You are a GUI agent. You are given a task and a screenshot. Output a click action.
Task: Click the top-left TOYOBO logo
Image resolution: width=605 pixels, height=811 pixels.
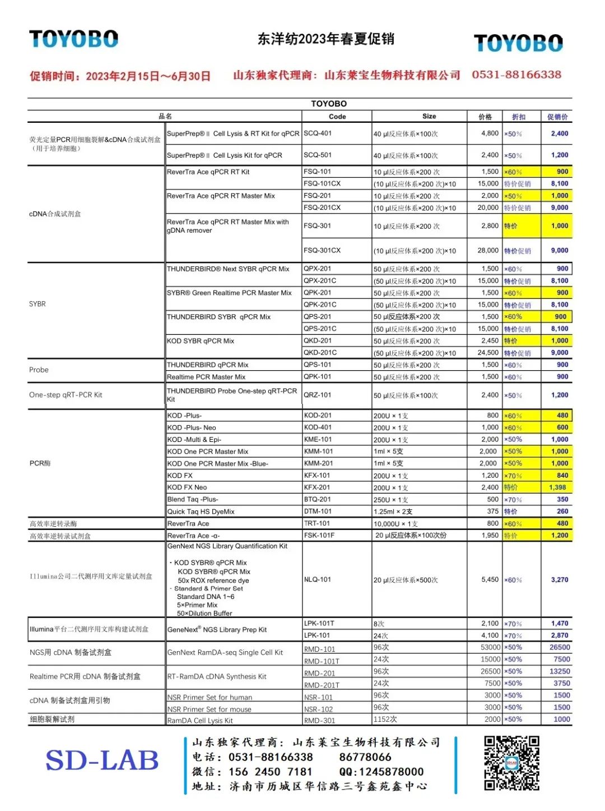(73, 39)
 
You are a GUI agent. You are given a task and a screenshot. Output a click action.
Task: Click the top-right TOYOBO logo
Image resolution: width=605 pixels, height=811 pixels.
(518, 43)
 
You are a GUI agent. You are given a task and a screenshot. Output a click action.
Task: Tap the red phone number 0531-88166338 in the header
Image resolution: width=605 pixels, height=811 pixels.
(516, 75)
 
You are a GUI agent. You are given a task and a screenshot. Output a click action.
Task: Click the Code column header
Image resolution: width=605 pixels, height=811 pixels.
(337, 117)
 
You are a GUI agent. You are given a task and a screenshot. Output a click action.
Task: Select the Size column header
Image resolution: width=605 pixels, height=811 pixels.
(429, 116)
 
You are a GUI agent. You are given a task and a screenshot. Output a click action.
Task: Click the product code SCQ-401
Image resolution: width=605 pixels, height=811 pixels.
(318, 133)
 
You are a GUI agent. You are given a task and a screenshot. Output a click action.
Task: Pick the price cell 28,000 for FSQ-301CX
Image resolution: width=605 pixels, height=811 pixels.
(487, 251)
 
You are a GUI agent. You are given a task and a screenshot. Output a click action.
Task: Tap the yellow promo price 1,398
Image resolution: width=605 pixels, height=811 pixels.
(557, 487)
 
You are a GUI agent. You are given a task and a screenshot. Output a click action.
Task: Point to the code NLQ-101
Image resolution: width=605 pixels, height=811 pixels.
(318, 579)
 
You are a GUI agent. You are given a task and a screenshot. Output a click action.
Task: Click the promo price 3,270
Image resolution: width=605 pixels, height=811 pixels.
(559, 579)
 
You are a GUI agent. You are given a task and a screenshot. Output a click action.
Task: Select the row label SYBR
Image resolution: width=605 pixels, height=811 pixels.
(38, 304)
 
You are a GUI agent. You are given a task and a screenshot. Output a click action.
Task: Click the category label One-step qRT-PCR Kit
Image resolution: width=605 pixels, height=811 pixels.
(66, 395)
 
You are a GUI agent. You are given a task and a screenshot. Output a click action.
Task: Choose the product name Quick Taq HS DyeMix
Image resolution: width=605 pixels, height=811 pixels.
(201, 512)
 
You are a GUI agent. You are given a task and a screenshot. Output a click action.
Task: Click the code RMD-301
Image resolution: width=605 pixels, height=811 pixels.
(319, 721)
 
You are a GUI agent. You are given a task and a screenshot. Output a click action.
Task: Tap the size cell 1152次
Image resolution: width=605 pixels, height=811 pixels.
(385, 719)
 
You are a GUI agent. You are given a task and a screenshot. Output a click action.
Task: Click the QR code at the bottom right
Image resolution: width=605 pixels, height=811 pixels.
(511, 763)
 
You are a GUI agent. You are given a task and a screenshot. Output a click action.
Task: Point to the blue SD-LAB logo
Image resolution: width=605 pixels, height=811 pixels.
(102, 761)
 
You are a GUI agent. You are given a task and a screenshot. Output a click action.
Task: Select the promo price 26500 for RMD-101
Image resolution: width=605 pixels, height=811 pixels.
(560, 647)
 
